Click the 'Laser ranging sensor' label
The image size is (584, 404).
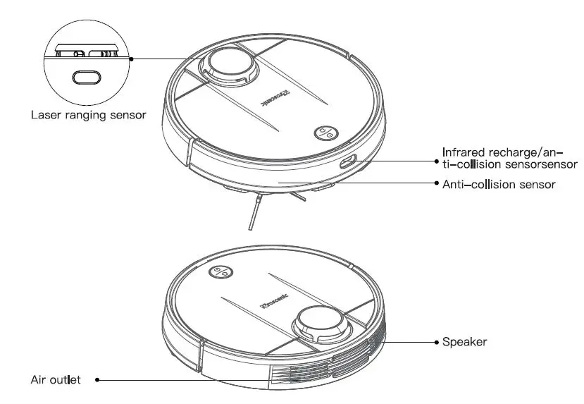point(88,114)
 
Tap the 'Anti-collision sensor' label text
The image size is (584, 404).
point(498,184)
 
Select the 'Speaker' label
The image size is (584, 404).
point(464,342)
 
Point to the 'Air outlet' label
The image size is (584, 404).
point(56,380)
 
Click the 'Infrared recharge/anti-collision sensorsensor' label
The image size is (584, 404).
point(509,158)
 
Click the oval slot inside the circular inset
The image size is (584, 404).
point(87,78)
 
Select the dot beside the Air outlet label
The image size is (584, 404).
point(97,380)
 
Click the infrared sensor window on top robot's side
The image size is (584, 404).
point(347,162)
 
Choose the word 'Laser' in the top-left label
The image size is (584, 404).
point(46,114)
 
